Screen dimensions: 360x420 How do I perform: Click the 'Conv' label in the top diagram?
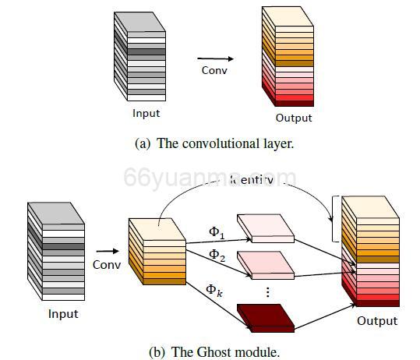tap(214, 71)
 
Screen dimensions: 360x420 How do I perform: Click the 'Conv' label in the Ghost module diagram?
tap(107, 263)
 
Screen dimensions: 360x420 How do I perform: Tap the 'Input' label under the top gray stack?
tap(146, 114)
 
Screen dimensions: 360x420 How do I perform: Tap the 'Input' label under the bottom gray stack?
tap(63, 314)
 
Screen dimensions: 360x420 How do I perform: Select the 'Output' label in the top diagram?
tap(294, 118)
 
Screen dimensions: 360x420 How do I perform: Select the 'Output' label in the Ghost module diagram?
tap(377, 321)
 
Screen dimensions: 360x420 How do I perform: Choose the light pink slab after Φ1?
tap(264, 225)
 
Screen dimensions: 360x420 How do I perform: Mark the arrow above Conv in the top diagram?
tap(215, 58)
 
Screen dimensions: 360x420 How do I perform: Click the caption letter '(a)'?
tap(143, 143)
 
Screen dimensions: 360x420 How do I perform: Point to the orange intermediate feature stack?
tap(156, 249)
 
